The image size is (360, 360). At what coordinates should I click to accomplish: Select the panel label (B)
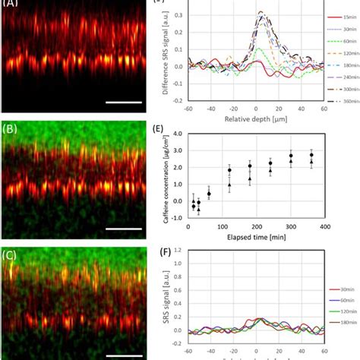click(11, 128)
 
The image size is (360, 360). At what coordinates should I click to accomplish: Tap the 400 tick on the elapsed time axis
click(324, 226)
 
